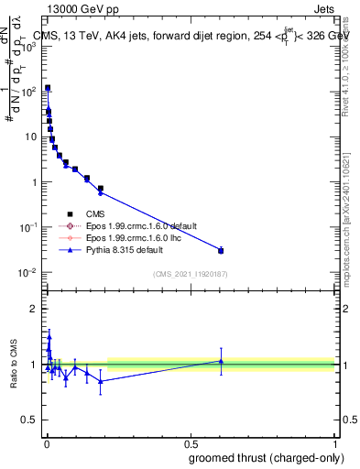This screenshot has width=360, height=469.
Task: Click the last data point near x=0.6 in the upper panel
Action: [220, 250]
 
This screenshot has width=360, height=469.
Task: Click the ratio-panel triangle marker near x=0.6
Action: [220, 361]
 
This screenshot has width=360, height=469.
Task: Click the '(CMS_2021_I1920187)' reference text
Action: [190, 273]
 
